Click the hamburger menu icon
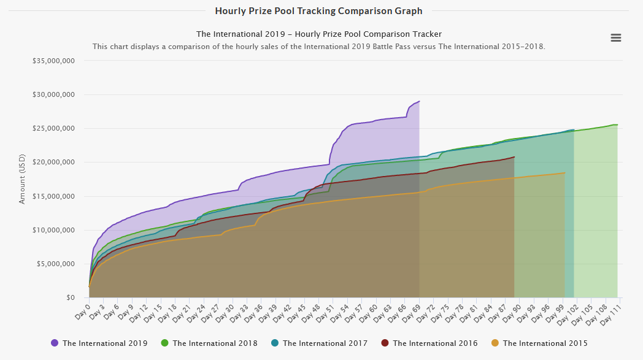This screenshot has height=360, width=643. [616, 38]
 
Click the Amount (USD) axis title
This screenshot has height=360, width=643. [23, 179]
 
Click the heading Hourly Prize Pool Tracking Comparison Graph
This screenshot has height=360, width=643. [318, 11]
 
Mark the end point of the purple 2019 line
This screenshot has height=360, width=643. [419, 101]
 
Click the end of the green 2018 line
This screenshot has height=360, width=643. [617, 124]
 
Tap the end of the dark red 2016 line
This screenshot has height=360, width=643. [514, 157]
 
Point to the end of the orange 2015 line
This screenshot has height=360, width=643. [564, 173]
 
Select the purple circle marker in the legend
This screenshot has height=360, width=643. [55, 343]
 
